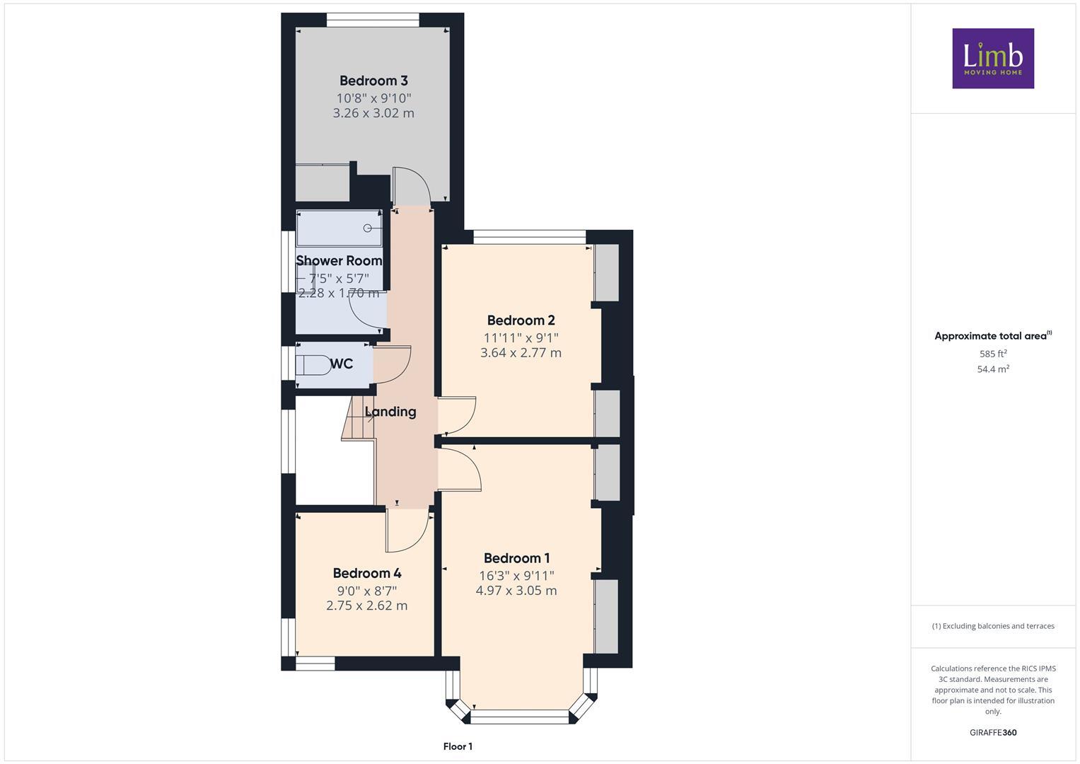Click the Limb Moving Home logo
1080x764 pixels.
click(992, 58)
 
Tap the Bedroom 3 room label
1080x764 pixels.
click(373, 81)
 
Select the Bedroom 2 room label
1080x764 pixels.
click(521, 320)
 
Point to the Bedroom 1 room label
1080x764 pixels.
click(516, 558)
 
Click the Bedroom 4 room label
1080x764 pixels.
click(367, 573)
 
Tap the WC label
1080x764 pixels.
click(342, 364)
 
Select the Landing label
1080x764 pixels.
click(390, 412)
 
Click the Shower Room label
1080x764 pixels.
click(339, 260)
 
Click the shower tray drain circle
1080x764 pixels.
click(368, 228)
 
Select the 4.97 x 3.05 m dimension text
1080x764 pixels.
click(516, 591)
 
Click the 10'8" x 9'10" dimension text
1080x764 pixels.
click(373, 98)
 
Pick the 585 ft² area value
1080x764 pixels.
click(992, 354)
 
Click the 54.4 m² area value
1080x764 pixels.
click(992, 369)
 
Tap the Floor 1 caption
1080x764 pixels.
click(458, 746)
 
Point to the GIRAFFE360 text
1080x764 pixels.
click(992, 732)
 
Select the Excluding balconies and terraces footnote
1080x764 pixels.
click(992, 626)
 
